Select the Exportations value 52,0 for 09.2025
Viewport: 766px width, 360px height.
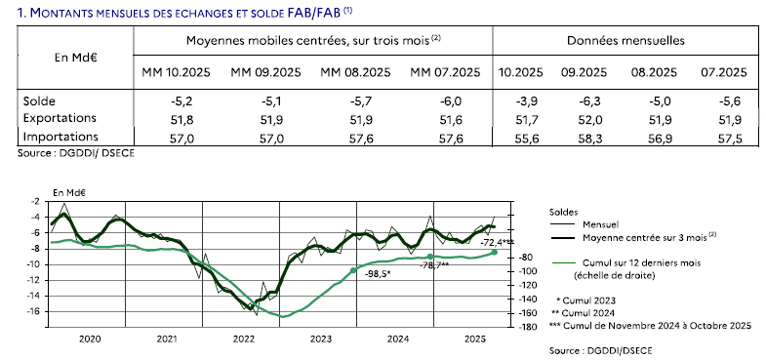coord(581,118)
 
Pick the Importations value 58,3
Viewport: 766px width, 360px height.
coord(581,137)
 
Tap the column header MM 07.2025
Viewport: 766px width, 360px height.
coord(445,73)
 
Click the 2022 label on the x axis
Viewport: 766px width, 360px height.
coord(243,339)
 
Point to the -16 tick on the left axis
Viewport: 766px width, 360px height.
coord(34,312)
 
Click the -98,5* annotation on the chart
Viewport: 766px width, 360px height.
coord(378,274)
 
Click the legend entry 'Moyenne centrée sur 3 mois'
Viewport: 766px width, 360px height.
coord(637,236)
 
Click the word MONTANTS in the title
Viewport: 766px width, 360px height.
coord(64,12)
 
